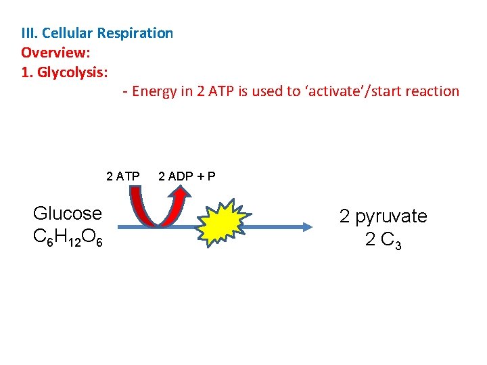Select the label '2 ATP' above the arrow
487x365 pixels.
[x=123, y=177]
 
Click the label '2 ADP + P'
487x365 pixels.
[x=187, y=177]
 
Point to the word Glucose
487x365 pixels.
[x=68, y=214]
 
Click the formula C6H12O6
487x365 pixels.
[x=68, y=237]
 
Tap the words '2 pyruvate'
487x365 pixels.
[x=384, y=216]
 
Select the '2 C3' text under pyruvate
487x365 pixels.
[x=384, y=240]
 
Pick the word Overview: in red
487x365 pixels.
[x=56, y=52]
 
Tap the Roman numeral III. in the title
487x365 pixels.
[x=29, y=33]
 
